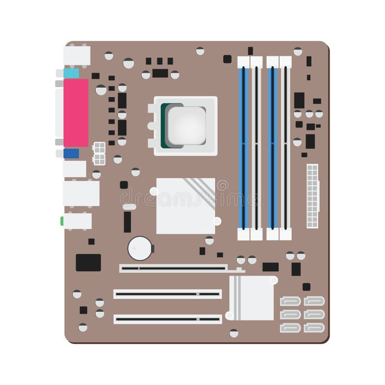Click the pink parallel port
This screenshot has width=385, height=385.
pyautogui.click(x=76, y=113)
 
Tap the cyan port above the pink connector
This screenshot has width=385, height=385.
pyautogui.click(x=71, y=73)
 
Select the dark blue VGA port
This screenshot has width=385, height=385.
pyautogui.click(x=71, y=153)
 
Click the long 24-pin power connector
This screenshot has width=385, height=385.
pyautogui.click(x=312, y=196)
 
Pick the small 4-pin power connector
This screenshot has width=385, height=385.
pyautogui.click(x=100, y=153)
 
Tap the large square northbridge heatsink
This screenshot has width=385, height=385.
pyautogui.click(x=185, y=205)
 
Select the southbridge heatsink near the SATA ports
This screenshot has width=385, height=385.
pyautogui.click(x=251, y=298)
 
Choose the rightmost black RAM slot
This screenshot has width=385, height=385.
pyautogui.click(x=285, y=147)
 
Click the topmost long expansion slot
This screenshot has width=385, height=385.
pyautogui.click(x=173, y=269)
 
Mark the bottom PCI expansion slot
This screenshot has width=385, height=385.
pyautogui.click(x=167, y=319)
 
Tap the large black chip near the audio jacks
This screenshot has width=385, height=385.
pyautogui.click(x=89, y=262)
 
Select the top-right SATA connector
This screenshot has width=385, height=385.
pyautogui.click(x=314, y=301)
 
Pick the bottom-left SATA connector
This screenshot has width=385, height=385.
pyautogui.click(x=290, y=328)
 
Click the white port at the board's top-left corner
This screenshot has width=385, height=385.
pyautogui.click(x=77, y=55)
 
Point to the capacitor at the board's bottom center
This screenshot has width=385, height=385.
pyautogui.click(x=234, y=333)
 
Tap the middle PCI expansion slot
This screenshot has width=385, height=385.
pyautogui.click(x=167, y=294)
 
